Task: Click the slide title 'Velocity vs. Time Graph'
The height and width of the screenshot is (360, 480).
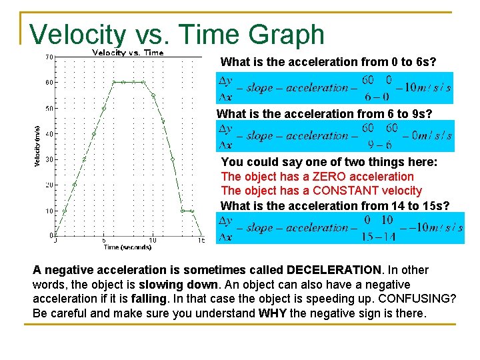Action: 177,35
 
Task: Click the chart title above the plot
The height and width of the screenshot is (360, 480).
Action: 127,53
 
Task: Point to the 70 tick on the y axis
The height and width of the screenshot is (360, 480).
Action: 49,57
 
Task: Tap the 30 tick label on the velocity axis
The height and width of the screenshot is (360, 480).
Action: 49,159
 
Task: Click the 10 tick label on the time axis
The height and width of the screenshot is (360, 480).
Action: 153,241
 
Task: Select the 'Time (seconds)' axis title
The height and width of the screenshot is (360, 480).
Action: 127,247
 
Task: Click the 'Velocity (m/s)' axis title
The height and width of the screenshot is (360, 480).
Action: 37,146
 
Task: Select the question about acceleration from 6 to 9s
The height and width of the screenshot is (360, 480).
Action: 324,114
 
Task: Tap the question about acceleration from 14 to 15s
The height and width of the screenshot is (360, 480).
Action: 335,206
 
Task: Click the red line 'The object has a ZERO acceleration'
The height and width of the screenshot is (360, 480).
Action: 317,177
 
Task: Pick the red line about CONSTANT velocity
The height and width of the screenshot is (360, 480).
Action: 321,191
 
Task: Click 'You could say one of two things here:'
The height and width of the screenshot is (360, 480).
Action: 329,162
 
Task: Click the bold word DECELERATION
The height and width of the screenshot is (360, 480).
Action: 333,270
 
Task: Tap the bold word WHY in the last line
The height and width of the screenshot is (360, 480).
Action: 271,313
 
